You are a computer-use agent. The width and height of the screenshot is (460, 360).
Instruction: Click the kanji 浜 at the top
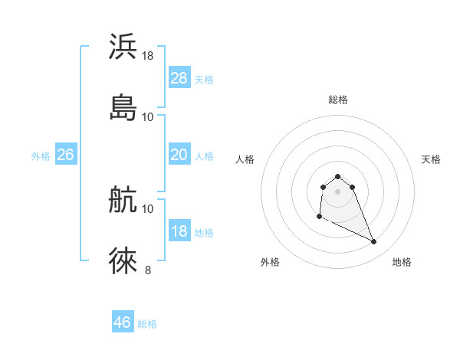point(123,47)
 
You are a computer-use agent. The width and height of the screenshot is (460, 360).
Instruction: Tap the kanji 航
point(123,200)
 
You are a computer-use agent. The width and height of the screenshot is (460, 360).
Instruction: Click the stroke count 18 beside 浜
point(148,56)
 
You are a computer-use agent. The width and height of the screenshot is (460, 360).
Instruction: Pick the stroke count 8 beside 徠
point(148,270)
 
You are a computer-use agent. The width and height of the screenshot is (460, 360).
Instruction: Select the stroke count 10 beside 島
point(148,116)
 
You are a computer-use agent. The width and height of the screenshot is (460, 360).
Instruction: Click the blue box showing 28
point(179,78)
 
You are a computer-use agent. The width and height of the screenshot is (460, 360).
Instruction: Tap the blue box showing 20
point(179,155)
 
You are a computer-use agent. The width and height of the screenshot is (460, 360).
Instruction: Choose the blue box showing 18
point(179,231)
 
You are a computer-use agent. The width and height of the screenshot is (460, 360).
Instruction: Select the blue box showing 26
point(65,155)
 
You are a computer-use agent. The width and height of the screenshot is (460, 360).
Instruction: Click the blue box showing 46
point(123,322)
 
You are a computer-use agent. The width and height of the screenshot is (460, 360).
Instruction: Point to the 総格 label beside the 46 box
point(147,324)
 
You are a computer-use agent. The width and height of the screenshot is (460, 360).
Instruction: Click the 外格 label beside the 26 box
point(41,156)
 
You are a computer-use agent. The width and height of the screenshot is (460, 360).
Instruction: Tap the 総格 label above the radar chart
point(338,100)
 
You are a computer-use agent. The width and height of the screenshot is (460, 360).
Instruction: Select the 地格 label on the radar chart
point(402,262)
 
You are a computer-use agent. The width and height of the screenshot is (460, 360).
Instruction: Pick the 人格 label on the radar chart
point(245,159)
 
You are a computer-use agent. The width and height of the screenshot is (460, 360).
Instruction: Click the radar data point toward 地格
point(374,242)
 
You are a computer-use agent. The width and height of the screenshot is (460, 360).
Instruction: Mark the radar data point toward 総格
point(338,176)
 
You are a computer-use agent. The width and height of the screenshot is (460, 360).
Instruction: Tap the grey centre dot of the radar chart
point(338,191)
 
